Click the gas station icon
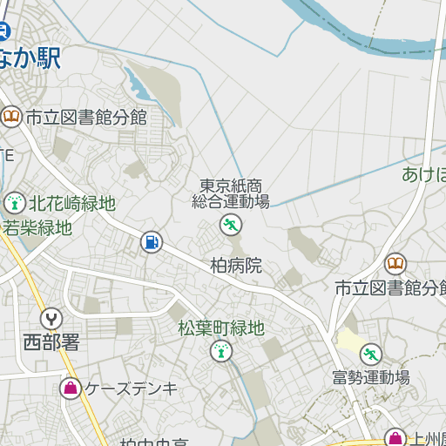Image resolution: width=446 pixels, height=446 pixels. click(x=151, y=241)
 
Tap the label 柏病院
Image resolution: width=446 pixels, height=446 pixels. click(x=235, y=266)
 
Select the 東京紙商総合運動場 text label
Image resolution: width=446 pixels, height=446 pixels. click(x=231, y=193)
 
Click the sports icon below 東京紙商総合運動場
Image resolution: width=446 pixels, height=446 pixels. click(x=231, y=226)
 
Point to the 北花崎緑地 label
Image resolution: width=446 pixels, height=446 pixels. click(x=72, y=204)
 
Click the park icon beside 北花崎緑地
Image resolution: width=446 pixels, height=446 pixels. click(x=14, y=204)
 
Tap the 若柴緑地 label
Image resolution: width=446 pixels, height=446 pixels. click(x=37, y=228)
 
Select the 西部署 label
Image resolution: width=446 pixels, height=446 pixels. click(x=51, y=341)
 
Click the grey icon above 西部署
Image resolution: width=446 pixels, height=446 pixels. click(x=51, y=319)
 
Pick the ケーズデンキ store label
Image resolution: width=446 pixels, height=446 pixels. click(x=131, y=389)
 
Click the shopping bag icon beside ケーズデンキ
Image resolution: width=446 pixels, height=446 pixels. click(x=70, y=389)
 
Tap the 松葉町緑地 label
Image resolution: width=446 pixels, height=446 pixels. click(x=220, y=328)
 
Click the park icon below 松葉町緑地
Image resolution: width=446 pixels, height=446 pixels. click(x=221, y=352)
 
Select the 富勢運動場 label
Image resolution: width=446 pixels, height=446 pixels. click(x=371, y=378)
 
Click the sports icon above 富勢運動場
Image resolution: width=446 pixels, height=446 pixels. click(x=371, y=354)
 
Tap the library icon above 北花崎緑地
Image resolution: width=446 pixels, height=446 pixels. click(x=11, y=116)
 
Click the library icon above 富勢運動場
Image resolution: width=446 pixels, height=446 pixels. click(x=395, y=263)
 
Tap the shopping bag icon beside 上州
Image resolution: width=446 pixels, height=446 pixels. click(x=395, y=438)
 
